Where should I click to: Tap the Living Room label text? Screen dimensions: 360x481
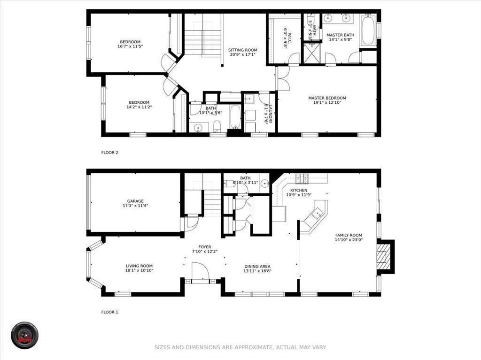pyautogui.click(x=139, y=266)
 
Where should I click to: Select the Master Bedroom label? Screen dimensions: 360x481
pyautogui.click(x=327, y=98)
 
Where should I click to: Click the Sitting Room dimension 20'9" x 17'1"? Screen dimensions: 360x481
pyautogui.click(x=243, y=54)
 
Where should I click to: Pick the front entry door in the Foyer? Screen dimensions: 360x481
pyautogui.click(x=200, y=273)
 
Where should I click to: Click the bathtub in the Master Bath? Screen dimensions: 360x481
pyautogui.click(x=368, y=31)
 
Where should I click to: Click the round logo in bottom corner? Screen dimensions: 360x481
pyautogui.click(x=24, y=335)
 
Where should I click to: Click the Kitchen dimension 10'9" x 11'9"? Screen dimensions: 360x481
pyautogui.click(x=299, y=195)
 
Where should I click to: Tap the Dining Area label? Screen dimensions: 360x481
pyautogui.click(x=257, y=266)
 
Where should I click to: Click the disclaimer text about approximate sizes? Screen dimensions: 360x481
pyautogui.click(x=240, y=347)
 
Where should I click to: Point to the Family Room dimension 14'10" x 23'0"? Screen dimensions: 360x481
pyautogui.click(x=349, y=240)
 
